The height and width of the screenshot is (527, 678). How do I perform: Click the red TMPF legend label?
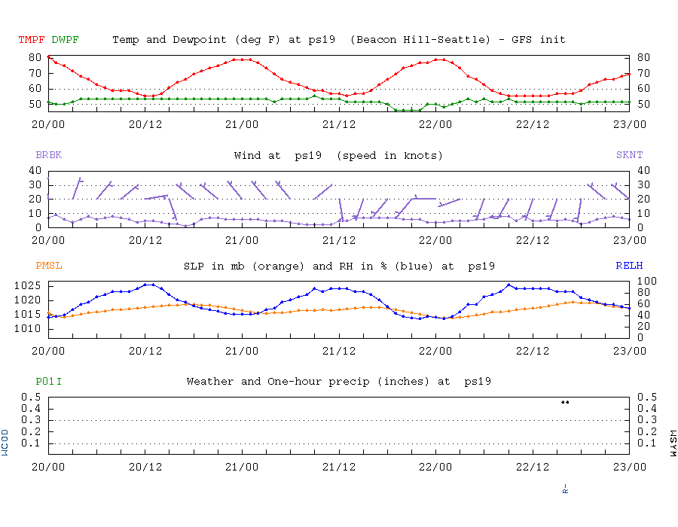pyautogui.click(x=32, y=39)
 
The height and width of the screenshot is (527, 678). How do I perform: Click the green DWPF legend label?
pyautogui.click(x=65, y=39)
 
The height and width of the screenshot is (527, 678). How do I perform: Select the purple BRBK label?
pyautogui.click(x=48, y=155)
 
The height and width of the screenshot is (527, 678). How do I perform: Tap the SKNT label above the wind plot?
pyautogui.click(x=629, y=155)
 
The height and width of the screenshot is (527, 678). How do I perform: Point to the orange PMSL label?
pyautogui.click(x=48, y=266)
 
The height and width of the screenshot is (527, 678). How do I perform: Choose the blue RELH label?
pyautogui.click(x=629, y=266)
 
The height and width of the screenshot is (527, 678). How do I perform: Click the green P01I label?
pyautogui.click(x=48, y=382)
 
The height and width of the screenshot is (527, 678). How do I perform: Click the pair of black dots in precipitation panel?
pyautogui.click(x=565, y=402)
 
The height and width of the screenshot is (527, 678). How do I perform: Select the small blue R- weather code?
pyautogui.click(x=565, y=488)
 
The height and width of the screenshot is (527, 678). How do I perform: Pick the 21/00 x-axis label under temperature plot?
pyautogui.click(x=242, y=123)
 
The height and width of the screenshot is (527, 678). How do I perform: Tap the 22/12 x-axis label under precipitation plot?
pyautogui.click(x=533, y=467)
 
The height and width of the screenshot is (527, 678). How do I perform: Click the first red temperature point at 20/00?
pyautogui.click(x=49, y=56)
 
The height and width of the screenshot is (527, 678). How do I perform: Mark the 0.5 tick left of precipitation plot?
pyautogui.click(x=32, y=397)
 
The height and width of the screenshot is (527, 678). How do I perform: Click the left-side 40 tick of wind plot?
pyautogui.click(x=35, y=170)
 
